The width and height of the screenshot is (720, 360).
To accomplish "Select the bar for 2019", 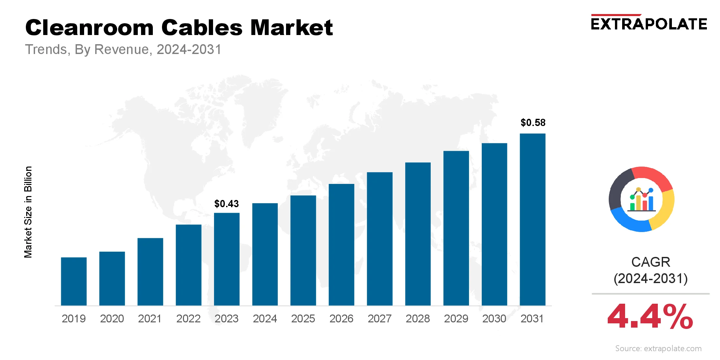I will click(74, 281).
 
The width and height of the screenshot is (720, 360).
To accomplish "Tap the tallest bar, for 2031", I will click(532, 219).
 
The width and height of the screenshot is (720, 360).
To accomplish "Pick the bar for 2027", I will click(380, 239).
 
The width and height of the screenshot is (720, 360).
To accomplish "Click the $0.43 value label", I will click(226, 204).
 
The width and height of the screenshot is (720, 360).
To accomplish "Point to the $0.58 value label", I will click(533, 123).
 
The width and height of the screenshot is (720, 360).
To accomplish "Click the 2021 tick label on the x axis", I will click(150, 318).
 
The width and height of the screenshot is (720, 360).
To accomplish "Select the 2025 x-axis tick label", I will click(303, 318).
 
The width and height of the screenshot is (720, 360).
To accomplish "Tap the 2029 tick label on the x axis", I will click(456, 318).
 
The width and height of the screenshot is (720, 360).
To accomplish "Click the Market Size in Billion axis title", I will click(28, 212).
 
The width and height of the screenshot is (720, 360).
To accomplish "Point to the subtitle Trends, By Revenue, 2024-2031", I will click(123, 49).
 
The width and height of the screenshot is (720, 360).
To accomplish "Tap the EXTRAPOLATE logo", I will click(649, 24).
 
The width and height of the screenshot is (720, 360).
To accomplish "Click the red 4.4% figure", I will click(650, 316).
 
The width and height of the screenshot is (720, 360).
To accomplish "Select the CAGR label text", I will click(651, 262).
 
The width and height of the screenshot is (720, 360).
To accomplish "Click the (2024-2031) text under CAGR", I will click(651, 279).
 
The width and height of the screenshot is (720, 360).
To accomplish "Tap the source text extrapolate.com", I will click(658, 349).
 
